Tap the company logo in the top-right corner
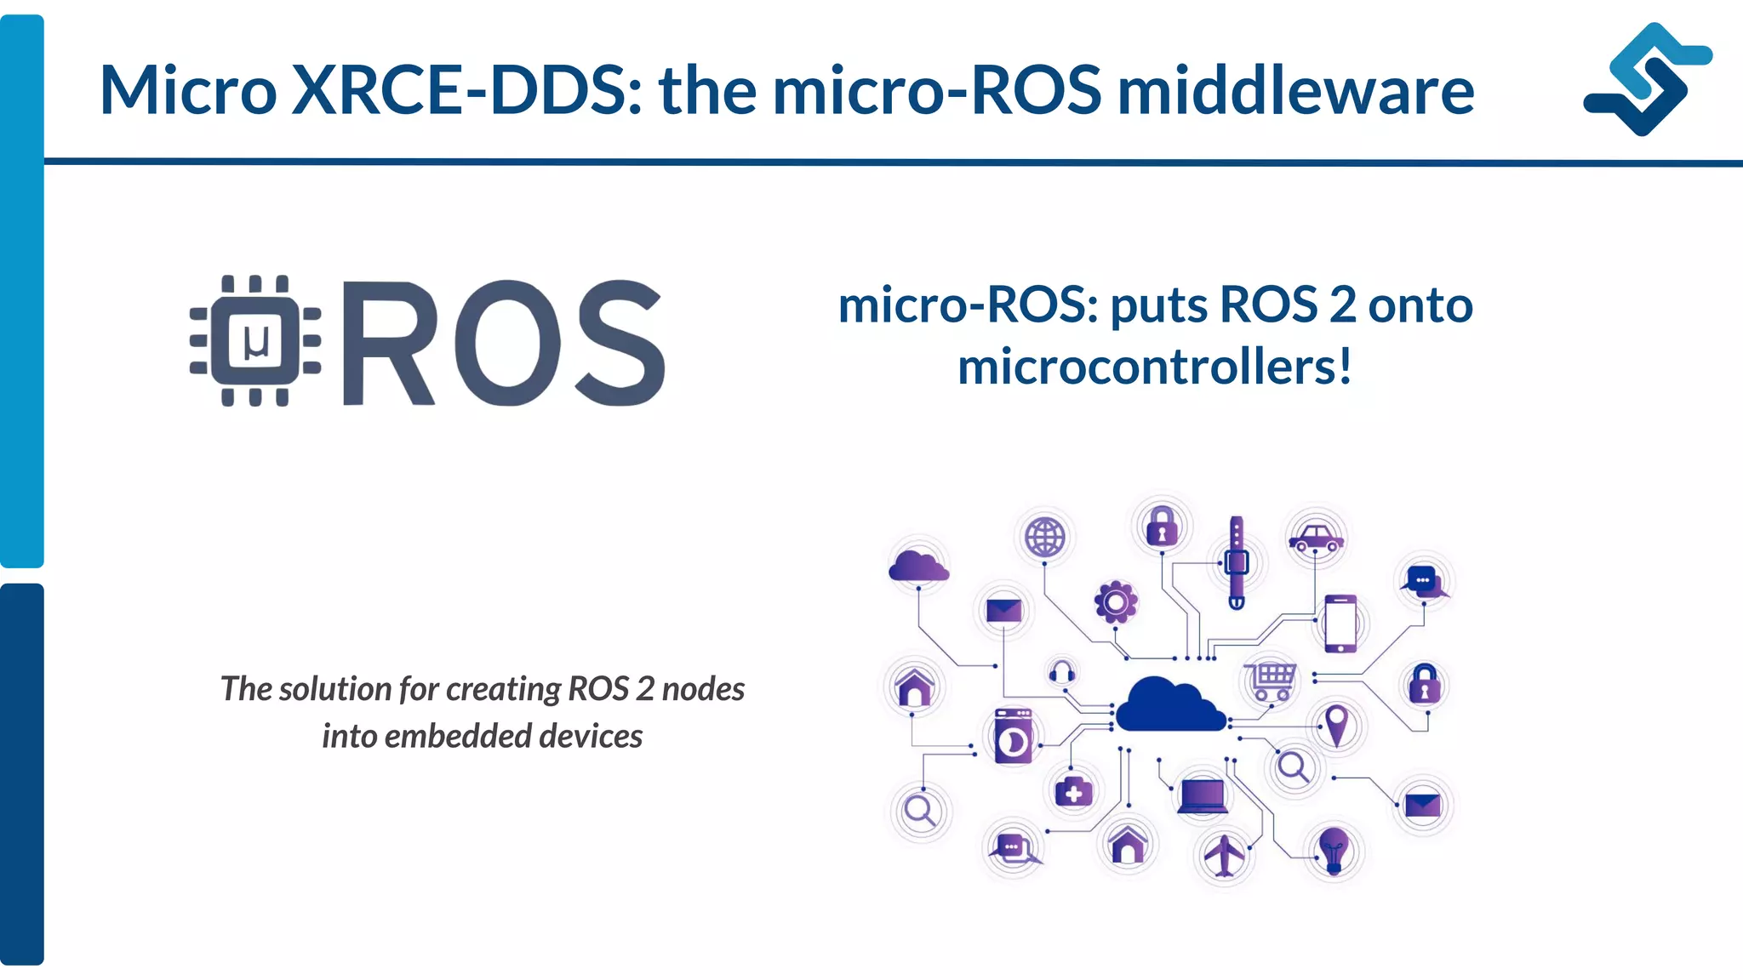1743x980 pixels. [1647, 78]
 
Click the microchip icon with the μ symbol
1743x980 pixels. [255, 340]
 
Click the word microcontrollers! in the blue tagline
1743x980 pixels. [1155, 367]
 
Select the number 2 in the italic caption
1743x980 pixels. [645, 689]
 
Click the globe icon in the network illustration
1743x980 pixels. [1044, 538]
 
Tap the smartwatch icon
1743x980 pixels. [1237, 562]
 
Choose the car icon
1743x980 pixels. [1316, 538]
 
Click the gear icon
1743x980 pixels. [1116, 602]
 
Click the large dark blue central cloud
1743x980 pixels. [1169, 705]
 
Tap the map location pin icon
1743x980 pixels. [1337, 725]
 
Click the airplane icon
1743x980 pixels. [1224, 854]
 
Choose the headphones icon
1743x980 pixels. [1061, 673]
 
